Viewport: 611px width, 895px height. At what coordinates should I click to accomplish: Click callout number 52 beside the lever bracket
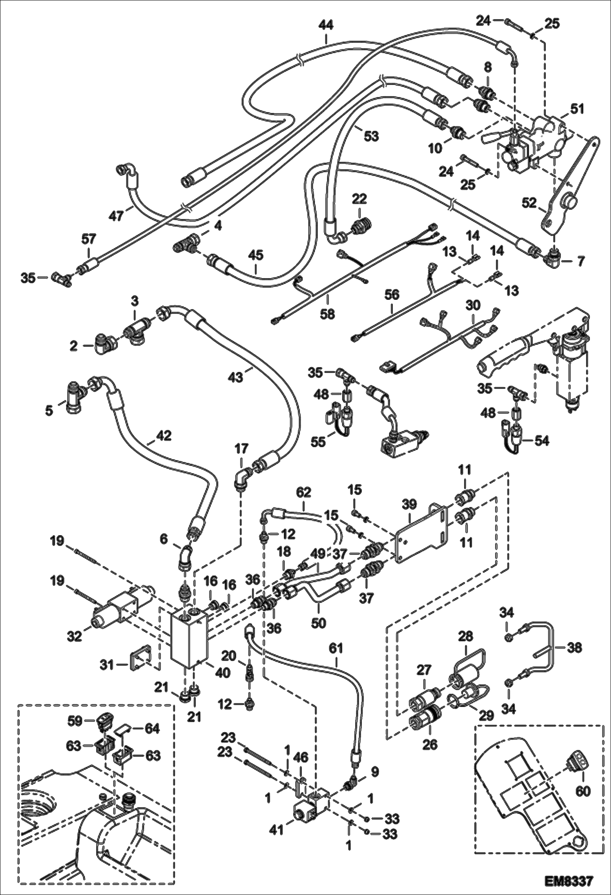coord(529,203)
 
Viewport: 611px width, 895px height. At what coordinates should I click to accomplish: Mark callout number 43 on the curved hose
coord(236,377)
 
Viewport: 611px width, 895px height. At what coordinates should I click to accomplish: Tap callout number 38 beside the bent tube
coord(574,647)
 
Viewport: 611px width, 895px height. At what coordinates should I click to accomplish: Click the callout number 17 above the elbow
coord(241,449)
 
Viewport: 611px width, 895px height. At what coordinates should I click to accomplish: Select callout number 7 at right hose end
coord(580,260)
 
